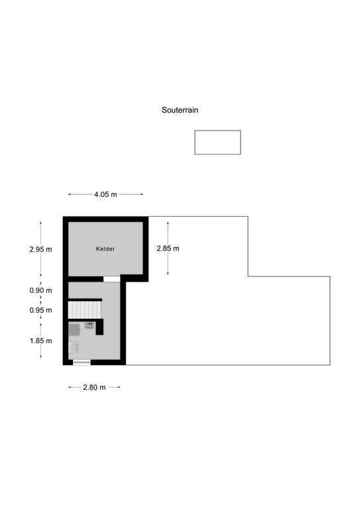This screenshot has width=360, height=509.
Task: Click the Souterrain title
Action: pos(180,110)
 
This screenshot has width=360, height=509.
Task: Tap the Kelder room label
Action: pos(105,249)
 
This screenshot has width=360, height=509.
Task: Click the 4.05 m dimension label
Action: pos(105,194)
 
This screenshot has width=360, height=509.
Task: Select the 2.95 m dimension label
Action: pos(40,249)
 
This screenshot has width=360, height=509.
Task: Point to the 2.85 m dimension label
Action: pos(168,249)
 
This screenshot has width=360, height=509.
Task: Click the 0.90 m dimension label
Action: pos(40,290)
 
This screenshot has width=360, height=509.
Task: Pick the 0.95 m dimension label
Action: pos(40,310)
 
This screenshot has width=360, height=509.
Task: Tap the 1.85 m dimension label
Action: pos(40,341)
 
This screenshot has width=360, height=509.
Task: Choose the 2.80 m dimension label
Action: pos(94,387)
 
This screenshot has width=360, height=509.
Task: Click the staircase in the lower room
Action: pos(85,310)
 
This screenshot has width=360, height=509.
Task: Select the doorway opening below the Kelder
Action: pos(112,279)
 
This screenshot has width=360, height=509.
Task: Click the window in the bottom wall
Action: pos(82,363)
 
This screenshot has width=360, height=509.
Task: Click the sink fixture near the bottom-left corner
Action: pos(74,347)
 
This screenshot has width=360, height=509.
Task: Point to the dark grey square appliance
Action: pos(74,330)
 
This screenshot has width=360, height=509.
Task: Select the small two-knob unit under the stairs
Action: pos(90,325)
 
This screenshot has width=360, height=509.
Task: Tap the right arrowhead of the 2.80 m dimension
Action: pos(119,387)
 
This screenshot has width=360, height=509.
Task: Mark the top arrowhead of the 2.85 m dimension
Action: pos(168,223)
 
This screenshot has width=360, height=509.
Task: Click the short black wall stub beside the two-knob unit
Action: pos(99,327)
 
